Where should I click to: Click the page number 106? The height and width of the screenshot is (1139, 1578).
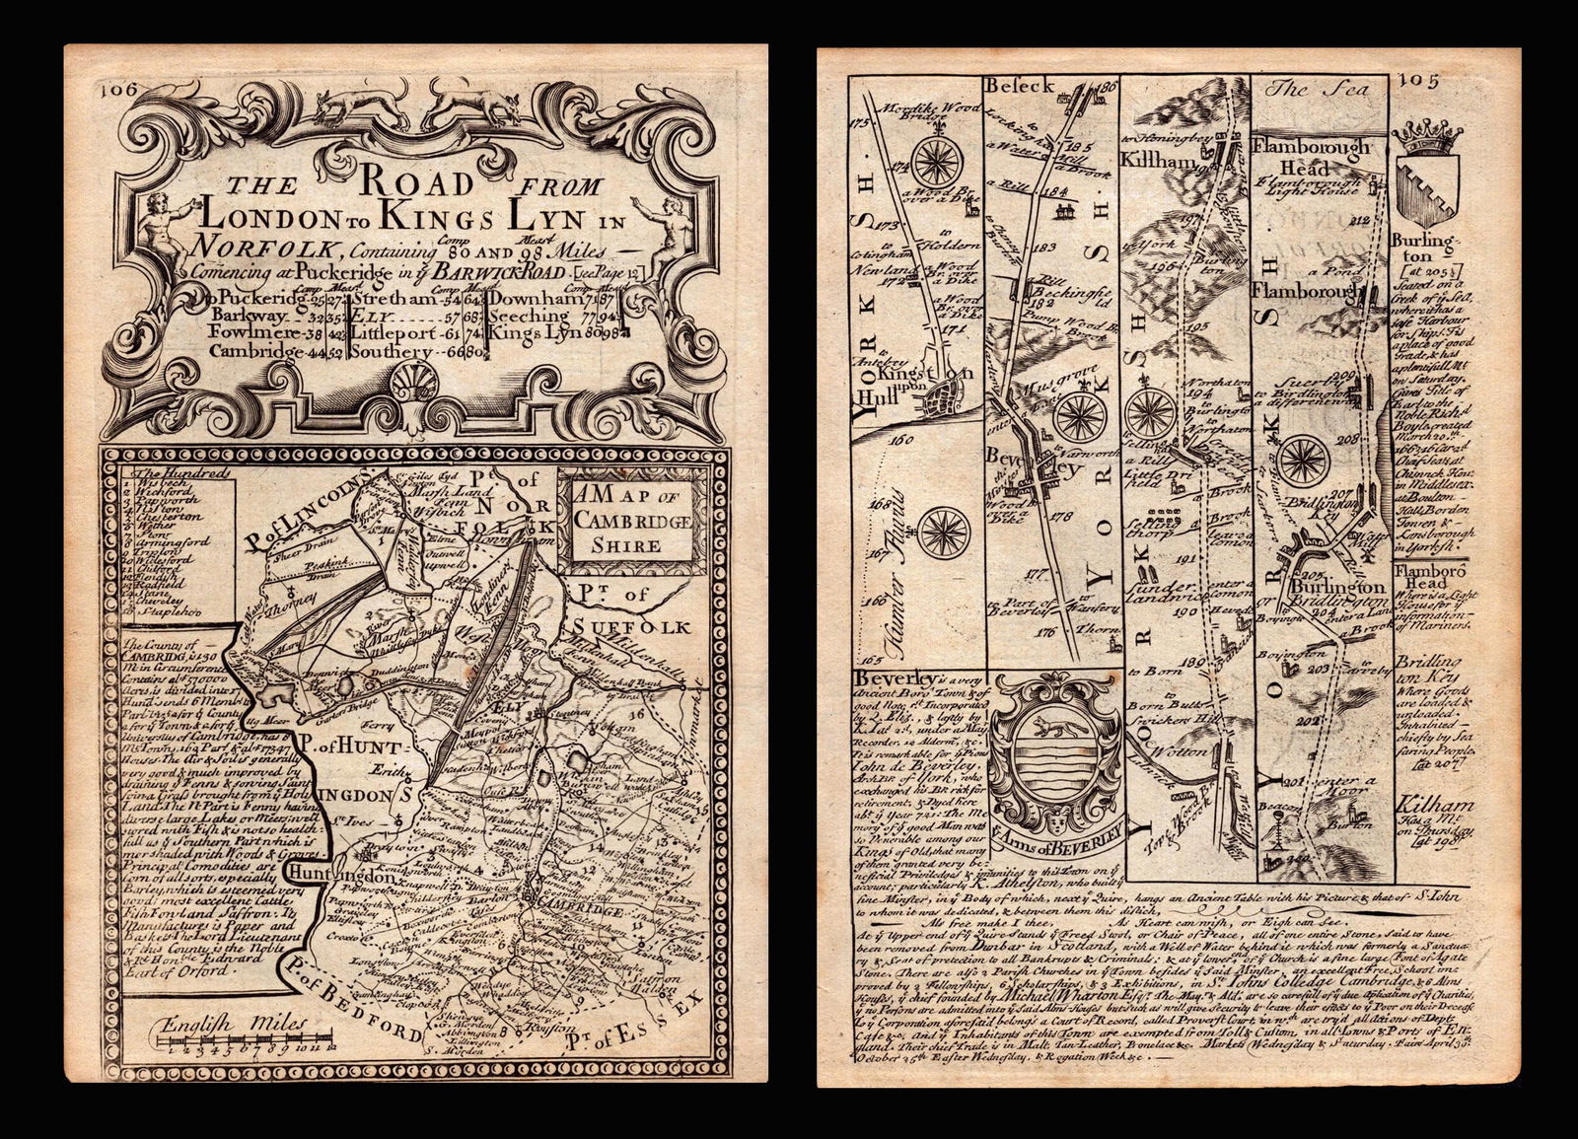(x=114, y=88)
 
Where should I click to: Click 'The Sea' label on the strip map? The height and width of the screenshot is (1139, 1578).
(x=1322, y=89)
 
